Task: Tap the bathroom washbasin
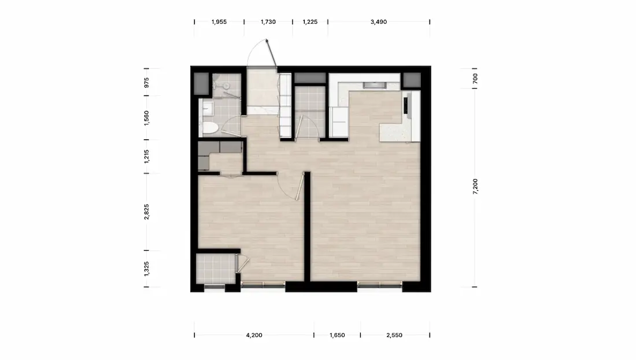[x=208, y=107]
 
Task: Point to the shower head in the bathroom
[x=225, y=86]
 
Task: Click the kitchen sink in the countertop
[x=375, y=85]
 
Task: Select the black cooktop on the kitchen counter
[x=406, y=105]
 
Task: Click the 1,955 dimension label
[x=219, y=22]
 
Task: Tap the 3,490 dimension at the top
[x=379, y=22]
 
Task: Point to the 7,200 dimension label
[x=475, y=187]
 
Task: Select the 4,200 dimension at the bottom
[x=254, y=335]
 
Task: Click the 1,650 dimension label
[x=337, y=335]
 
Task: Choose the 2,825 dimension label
[x=146, y=211]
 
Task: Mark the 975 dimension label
[x=146, y=82]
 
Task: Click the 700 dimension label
[x=475, y=79]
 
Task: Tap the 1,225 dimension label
[x=310, y=22]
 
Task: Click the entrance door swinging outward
[x=271, y=54]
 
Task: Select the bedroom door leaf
[x=300, y=186]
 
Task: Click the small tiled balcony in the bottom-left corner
[x=216, y=268]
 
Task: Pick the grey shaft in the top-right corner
[x=411, y=81]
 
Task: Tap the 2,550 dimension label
[x=394, y=335]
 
